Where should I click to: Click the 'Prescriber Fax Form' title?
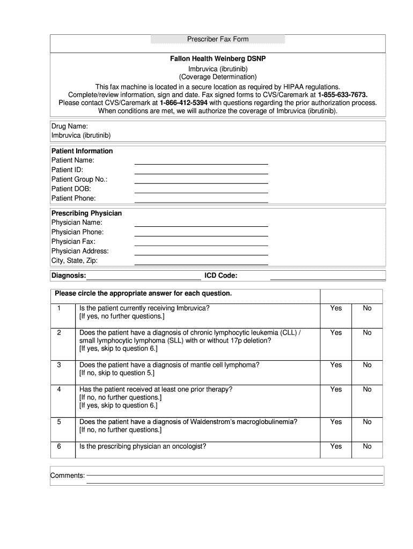point(218,39)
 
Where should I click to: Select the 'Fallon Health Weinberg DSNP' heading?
point(218,58)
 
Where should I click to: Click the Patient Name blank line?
point(201,163)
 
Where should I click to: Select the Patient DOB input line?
point(201,191)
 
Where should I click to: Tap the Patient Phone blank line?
point(201,201)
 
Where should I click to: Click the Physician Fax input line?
point(201,244)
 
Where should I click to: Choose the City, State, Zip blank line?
point(201,264)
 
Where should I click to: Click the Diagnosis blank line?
point(144,278)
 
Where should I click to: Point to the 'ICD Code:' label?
point(221,276)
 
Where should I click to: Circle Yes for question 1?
point(336,308)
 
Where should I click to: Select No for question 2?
point(367,333)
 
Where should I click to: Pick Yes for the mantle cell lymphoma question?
point(336,365)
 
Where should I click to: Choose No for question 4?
point(367,390)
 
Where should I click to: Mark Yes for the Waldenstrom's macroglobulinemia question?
point(336,422)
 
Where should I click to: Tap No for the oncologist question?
point(367,447)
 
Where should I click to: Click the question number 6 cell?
point(59,447)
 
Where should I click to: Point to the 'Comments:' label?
point(68,476)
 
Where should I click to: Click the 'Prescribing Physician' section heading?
point(86,213)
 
